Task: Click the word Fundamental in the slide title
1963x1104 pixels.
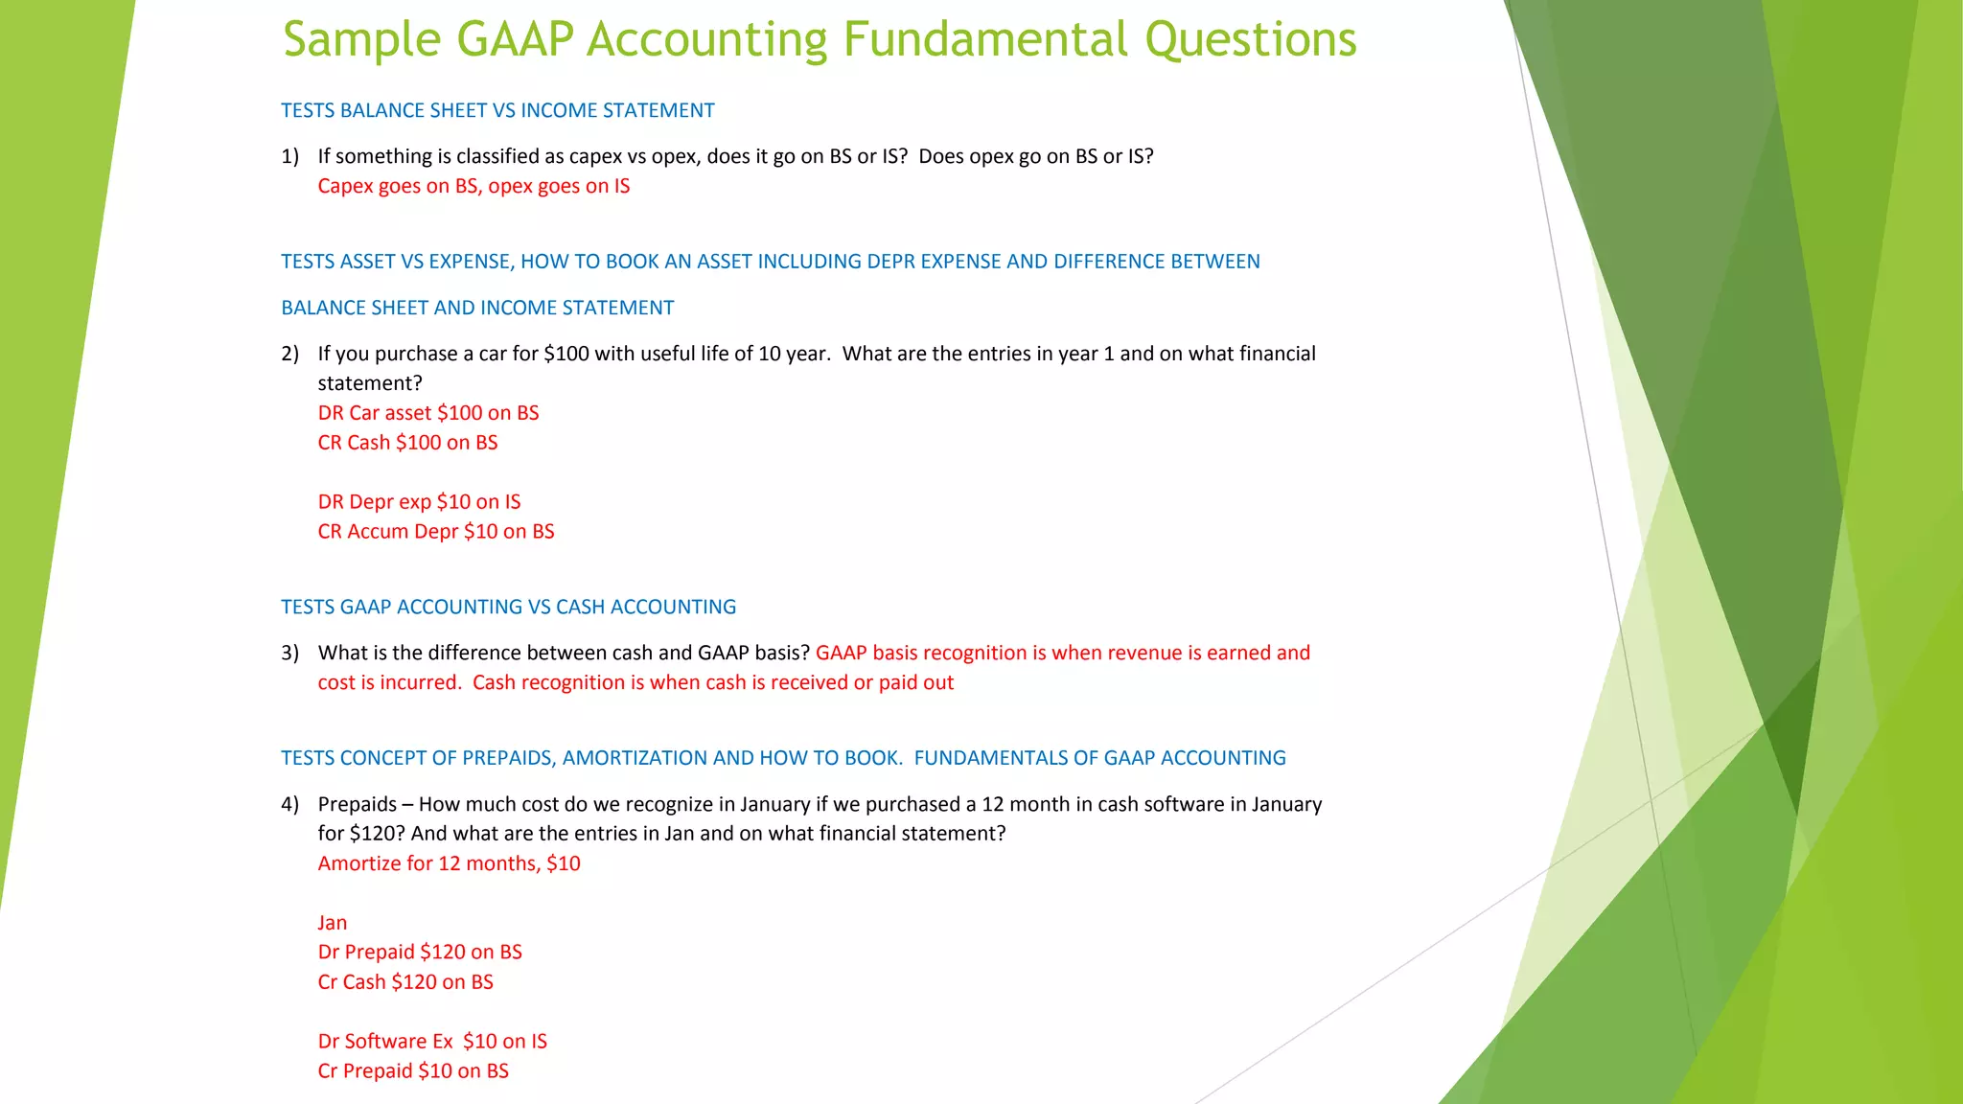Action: (x=984, y=40)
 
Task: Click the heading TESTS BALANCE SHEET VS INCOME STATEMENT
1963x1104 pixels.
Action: (x=497, y=111)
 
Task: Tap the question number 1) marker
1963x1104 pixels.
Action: (x=289, y=156)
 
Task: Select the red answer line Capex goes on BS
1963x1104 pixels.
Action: (x=473, y=186)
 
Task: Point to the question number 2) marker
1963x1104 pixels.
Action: (x=289, y=354)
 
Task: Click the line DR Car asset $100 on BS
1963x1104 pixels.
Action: (x=428, y=413)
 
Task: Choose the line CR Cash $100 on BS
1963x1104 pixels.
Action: (x=407, y=443)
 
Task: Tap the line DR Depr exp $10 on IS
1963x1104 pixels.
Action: (x=419, y=502)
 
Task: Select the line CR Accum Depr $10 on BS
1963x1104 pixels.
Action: (x=436, y=532)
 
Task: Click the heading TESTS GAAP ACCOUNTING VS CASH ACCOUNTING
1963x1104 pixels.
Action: (x=508, y=608)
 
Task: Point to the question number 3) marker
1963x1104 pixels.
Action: (x=289, y=654)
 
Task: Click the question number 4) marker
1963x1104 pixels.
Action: (x=289, y=804)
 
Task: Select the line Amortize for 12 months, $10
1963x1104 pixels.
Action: (x=449, y=863)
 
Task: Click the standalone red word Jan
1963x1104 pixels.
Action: (x=333, y=923)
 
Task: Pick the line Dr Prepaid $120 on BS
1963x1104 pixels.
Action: (x=420, y=953)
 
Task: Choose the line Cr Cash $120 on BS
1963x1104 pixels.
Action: (x=405, y=982)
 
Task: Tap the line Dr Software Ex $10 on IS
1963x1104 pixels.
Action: (x=432, y=1042)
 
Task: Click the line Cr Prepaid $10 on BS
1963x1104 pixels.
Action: (x=413, y=1071)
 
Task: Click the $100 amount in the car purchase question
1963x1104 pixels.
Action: (x=566, y=354)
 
